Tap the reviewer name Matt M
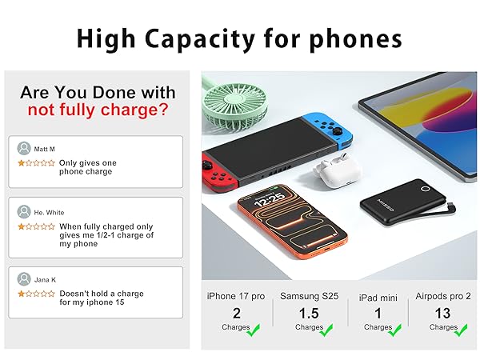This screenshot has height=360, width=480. coord(46,148)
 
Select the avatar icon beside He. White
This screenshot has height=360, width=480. coord(24,212)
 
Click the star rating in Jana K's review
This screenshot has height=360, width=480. coord(37,294)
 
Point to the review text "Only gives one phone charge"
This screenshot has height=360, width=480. coord(87,167)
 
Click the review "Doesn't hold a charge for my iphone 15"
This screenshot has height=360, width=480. coord(101,298)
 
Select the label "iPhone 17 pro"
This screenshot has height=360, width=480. coord(236,296)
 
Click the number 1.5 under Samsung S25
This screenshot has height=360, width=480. coord(309,313)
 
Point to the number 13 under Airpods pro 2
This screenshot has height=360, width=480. coord(442,313)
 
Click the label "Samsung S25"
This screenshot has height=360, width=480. coord(309,296)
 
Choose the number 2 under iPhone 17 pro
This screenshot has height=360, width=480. coord(236,313)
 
